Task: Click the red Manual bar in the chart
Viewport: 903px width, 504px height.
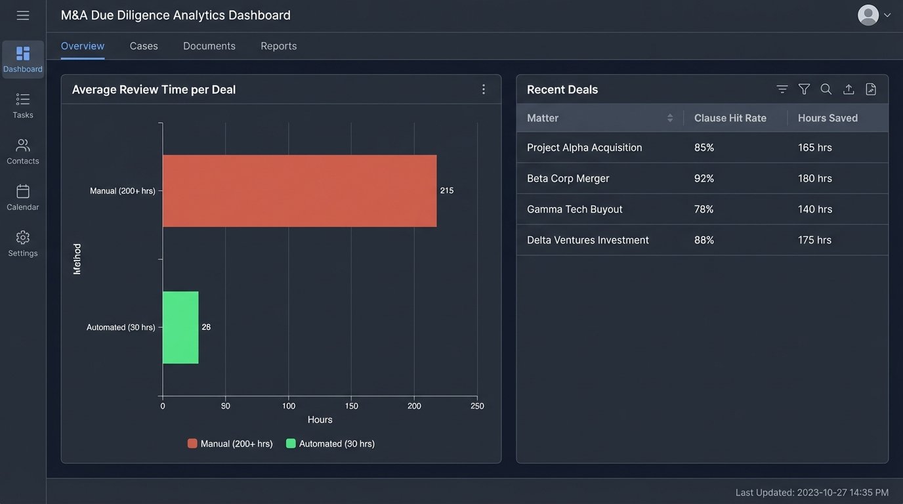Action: pyautogui.click(x=299, y=191)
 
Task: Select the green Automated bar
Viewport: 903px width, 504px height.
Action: pyautogui.click(x=180, y=327)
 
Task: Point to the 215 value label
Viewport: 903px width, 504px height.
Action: pyautogui.click(x=447, y=191)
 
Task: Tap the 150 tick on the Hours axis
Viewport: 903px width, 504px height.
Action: pyautogui.click(x=351, y=406)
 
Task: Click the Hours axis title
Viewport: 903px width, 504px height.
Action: pyautogui.click(x=320, y=420)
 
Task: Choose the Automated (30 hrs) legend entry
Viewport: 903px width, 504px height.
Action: pyautogui.click(x=331, y=444)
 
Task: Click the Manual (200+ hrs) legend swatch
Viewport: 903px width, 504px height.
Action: pyautogui.click(x=192, y=444)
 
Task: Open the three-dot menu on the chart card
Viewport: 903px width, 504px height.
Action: pyautogui.click(x=484, y=89)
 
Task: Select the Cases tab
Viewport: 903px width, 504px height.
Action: pyautogui.click(x=144, y=46)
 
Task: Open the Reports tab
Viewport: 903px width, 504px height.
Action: pyautogui.click(x=278, y=46)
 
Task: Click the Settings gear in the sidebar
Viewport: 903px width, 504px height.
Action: pyautogui.click(x=23, y=238)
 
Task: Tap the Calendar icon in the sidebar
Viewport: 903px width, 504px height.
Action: pyautogui.click(x=23, y=192)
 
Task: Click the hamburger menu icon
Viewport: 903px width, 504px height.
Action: pyautogui.click(x=23, y=15)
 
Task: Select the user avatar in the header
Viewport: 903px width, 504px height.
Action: pyautogui.click(x=868, y=15)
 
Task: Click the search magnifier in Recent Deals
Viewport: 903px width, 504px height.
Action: pyautogui.click(x=826, y=89)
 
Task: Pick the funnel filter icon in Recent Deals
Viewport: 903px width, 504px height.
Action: pyautogui.click(x=804, y=89)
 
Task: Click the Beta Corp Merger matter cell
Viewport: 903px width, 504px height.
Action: pyautogui.click(x=568, y=178)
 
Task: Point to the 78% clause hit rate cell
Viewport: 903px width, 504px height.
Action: pyautogui.click(x=704, y=209)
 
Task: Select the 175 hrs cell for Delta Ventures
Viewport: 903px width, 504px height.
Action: pyautogui.click(x=815, y=240)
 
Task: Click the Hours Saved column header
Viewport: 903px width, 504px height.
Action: pyautogui.click(x=828, y=118)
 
